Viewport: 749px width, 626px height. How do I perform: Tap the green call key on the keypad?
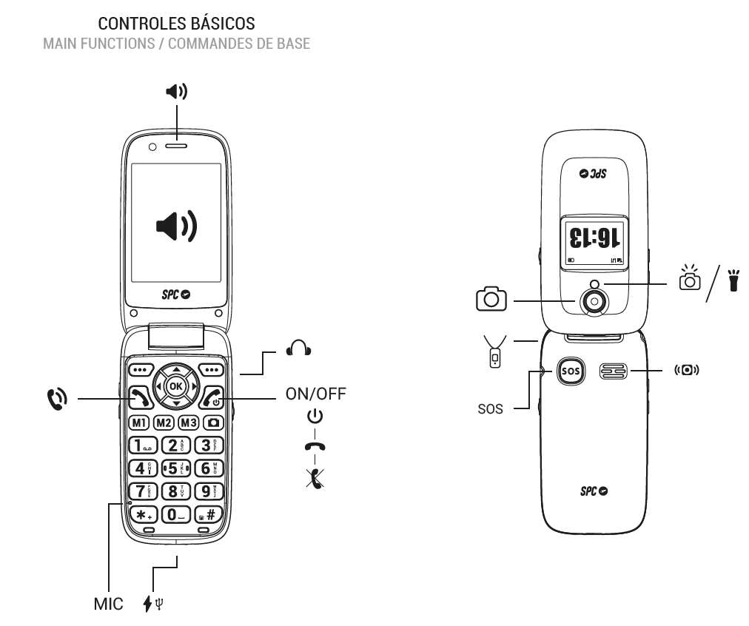tap(140, 399)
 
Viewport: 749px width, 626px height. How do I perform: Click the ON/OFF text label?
tap(316, 394)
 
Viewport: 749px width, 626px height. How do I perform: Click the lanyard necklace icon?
tap(496, 349)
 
